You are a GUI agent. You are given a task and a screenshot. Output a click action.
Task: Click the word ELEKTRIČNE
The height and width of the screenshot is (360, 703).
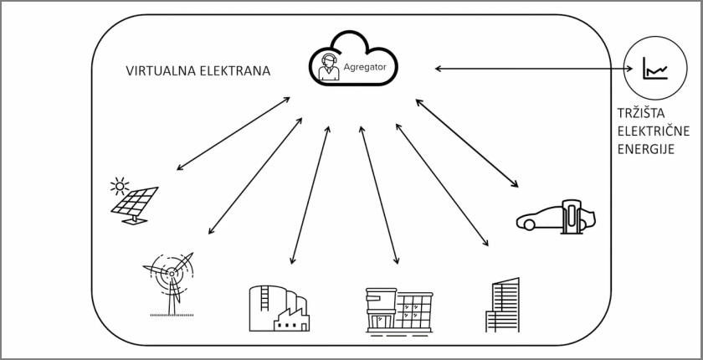click(645, 133)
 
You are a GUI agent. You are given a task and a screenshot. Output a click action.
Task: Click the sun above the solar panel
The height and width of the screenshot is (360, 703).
click(122, 183)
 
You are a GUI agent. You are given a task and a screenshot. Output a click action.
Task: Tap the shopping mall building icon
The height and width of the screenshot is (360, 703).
click(399, 310)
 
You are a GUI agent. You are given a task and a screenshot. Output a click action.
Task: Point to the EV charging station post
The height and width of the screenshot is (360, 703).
click(573, 215)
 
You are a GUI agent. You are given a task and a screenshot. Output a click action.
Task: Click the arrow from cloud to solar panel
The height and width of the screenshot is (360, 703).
click(233, 134)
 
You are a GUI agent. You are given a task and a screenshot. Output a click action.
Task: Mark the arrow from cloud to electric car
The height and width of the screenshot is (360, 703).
click(467, 142)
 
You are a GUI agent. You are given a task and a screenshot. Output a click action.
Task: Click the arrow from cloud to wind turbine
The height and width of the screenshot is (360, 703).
click(255, 175)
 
